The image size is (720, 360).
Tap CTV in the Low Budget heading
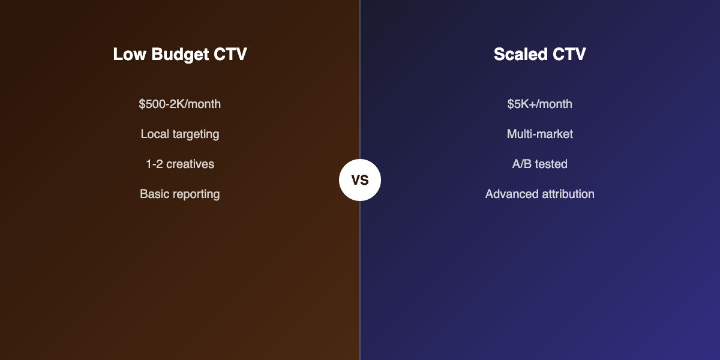tap(230, 55)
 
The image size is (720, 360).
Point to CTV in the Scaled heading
tap(569, 55)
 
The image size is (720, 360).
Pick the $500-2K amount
tap(160, 104)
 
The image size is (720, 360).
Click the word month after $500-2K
tap(203, 104)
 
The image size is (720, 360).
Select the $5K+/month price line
tap(539, 104)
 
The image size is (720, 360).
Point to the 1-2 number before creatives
tap(155, 164)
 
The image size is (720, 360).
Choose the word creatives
tap(190, 164)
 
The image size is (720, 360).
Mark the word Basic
tap(154, 194)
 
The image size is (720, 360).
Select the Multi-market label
tap(539, 134)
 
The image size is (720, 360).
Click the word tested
tap(551, 164)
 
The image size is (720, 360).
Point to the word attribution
tap(566, 194)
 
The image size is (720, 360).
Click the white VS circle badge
tap(360, 180)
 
